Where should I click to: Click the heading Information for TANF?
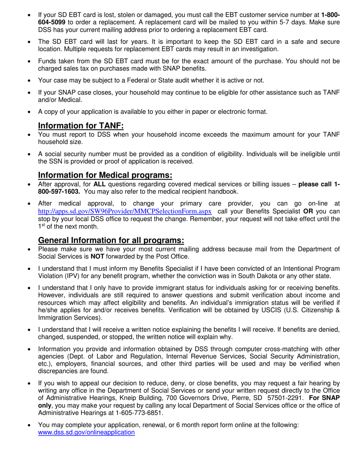point(81,126)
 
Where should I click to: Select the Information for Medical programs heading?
point(105,175)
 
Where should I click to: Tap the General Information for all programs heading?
point(111,240)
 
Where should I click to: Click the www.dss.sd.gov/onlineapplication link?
point(86,432)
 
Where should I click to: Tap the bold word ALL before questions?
point(99,184)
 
